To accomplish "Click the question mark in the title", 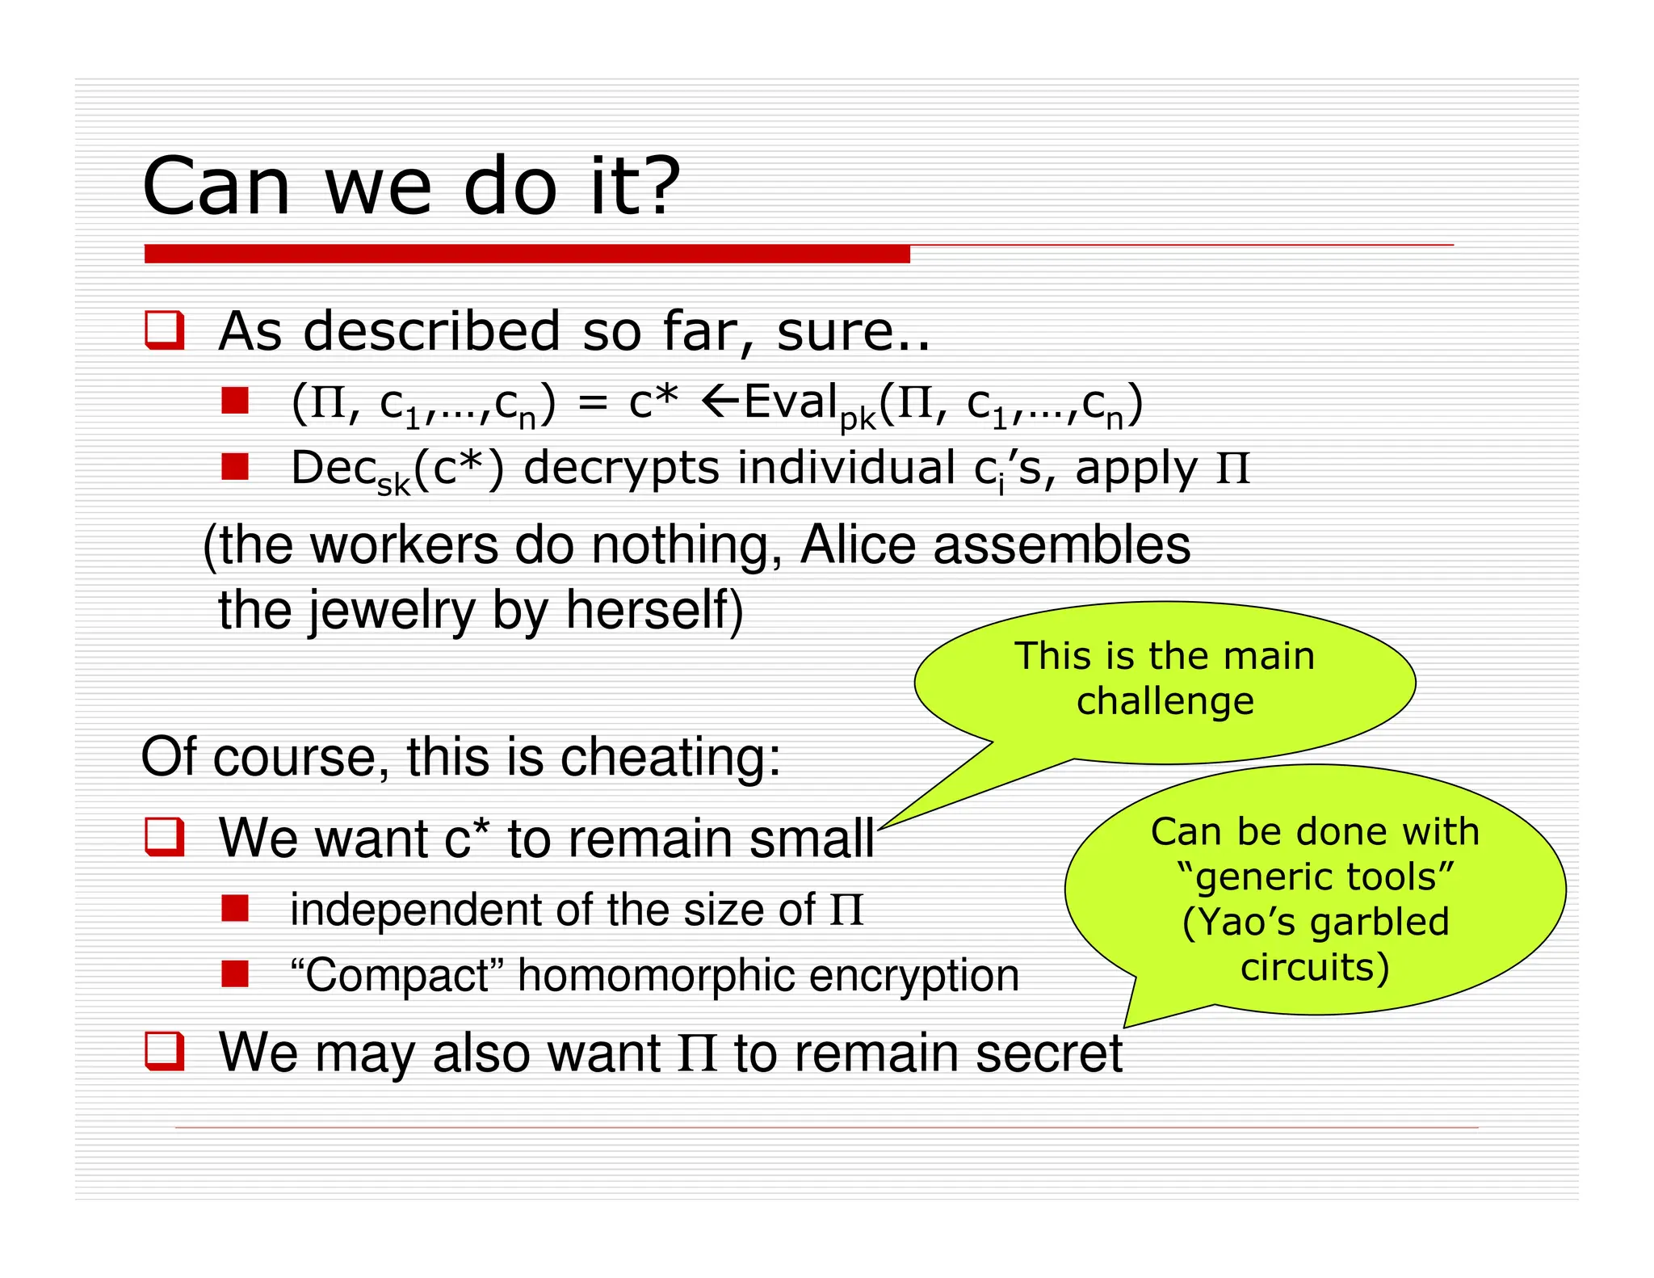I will [655, 186].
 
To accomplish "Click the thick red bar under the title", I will [527, 254].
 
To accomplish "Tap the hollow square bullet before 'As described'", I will [165, 330].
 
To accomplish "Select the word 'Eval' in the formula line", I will [790, 401].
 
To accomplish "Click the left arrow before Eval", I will [720, 401].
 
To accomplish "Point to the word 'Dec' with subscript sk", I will [334, 468].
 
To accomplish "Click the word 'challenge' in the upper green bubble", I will [1165, 701].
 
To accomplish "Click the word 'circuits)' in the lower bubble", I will [1314, 967].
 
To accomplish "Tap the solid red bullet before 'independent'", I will [235, 908].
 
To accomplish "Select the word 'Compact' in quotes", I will [397, 975].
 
